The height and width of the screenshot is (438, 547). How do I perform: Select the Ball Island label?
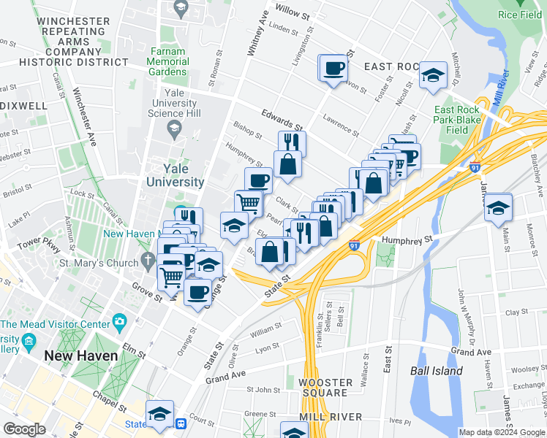(x=437, y=371)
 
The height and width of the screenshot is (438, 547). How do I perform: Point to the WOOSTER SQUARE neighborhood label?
(x=322, y=387)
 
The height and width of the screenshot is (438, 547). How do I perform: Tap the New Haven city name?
(x=80, y=356)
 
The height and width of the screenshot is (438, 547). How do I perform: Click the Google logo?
(x=25, y=429)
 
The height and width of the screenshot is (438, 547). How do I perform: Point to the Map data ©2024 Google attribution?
(x=501, y=432)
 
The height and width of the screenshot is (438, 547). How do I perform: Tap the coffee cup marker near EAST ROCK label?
(x=334, y=69)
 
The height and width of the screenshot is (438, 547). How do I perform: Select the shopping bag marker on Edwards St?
(x=288, y=164)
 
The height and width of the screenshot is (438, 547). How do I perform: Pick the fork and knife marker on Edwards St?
(x=292, y=142)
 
